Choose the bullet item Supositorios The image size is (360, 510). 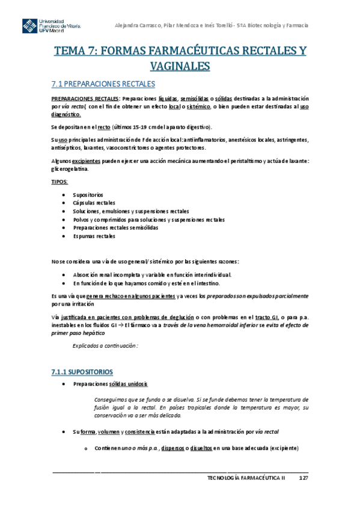88,195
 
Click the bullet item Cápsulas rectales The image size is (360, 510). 94,203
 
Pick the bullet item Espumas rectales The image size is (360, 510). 93,236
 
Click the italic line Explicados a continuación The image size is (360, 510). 105,346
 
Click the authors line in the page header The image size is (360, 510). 212,25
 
